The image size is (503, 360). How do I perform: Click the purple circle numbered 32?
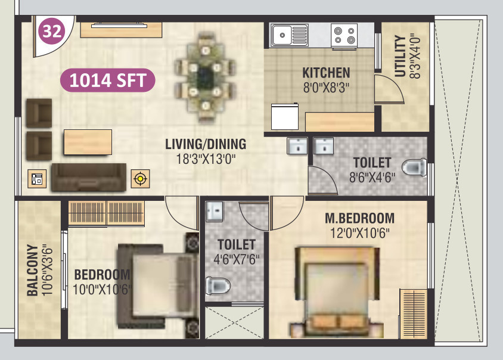click(x=52, y=32)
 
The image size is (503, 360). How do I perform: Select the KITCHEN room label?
click(x=326, y=73)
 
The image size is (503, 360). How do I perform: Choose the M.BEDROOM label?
click(x=359, y=218)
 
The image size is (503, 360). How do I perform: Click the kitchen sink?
click(x=289, y=35)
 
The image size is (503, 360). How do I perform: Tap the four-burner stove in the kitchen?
click(x=344, y=35)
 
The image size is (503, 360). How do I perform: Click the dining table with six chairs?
click(x=205, y=76)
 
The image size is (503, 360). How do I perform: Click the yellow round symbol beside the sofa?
click(x=141, y=178)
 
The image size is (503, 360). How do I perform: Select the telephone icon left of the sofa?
click(x=37, y=178)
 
